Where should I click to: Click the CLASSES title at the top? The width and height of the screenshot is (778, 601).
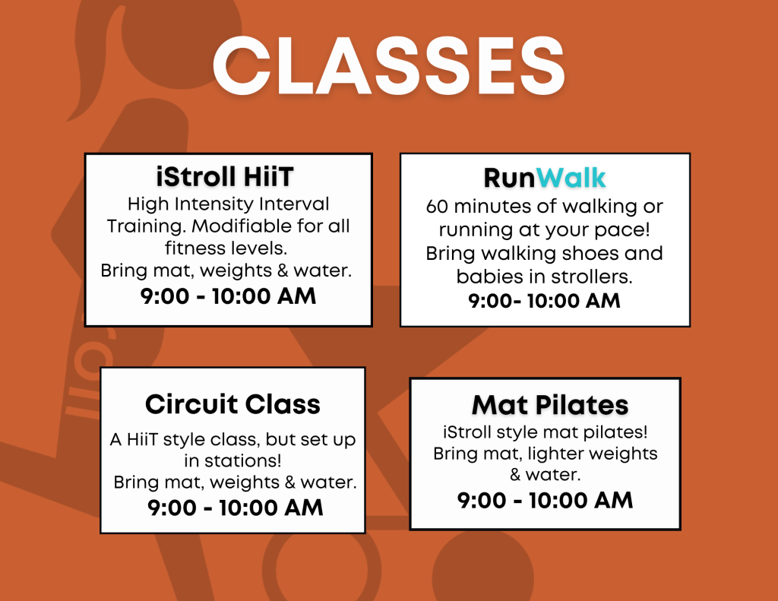[389, 66]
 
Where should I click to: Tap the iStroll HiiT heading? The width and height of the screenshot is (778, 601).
[225, 177]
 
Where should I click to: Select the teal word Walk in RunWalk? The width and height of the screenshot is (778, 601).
[571, 178]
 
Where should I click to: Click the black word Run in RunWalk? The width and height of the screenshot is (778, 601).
[510, 178]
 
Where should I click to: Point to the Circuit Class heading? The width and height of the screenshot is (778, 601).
[232, 404]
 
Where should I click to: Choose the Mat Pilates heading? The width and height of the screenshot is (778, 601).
[550, 405]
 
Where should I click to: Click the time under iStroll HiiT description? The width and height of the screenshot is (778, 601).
[228, 296]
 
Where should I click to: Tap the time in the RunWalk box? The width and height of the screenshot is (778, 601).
[544, 301]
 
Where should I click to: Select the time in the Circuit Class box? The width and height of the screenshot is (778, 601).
[236, 508]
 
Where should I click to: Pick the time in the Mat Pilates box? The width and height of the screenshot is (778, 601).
[545, 500]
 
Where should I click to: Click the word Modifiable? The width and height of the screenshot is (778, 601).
[242, 226]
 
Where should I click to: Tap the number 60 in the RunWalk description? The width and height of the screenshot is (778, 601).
[437, 207]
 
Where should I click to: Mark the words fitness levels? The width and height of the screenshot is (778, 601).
[226, 248]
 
